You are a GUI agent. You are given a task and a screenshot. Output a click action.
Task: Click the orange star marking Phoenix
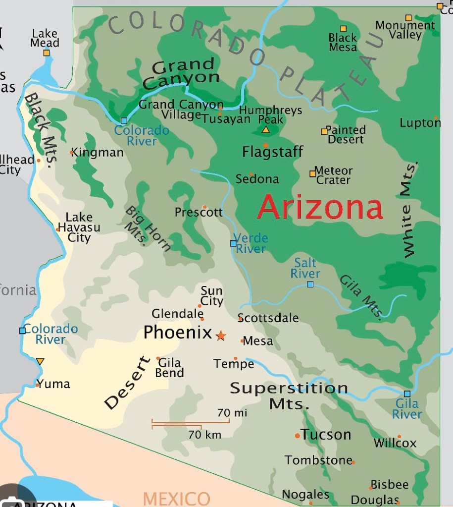pyautogui.click(x=221, y=336)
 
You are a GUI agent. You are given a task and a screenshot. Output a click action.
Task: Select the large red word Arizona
pyautogui.click(x=320, y=207)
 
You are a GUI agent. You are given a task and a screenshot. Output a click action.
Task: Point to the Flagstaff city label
pyautogui.click(x=272, y=152)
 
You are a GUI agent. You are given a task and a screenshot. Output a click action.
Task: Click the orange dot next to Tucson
pyautogui.click(x=297, y=436)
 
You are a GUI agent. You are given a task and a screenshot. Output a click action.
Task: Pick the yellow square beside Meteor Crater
pyautogui.click(x=312, y=173)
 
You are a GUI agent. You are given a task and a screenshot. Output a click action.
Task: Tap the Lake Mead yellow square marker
pyautogui.click(x=46, y=53)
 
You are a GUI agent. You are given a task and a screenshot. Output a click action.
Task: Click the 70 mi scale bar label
pyautogui.click(x=232, y=412)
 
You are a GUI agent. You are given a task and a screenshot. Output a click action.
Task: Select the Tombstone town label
pyautogui.click(x=318, y=460)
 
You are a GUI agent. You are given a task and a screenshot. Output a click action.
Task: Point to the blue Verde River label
pyautogui.click(x=251, y=243)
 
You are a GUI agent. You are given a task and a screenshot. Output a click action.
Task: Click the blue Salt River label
pyautogui.click(x=305, y=268)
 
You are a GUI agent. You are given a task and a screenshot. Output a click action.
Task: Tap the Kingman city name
pyautogui.click(x=98, y=152)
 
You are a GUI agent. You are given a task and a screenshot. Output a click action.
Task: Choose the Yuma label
pyautogui.click(x=53, y=384)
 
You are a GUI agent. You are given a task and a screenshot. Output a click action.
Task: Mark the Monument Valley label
pyautogui.click(x=405, y=30)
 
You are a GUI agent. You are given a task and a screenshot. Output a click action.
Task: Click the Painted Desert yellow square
pyautogui.click(x=324, y=131)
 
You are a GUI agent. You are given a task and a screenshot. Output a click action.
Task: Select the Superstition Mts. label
pyautogui.click(x=289, y=395)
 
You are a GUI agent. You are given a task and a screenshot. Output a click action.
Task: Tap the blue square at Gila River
pyautogui.click(x=407, y=394)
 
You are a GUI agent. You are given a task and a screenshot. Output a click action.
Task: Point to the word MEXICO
pyautogui.click(x=177, y=498)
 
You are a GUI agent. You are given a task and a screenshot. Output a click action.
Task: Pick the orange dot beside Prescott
pyautogui.click(x=204, y=207)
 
